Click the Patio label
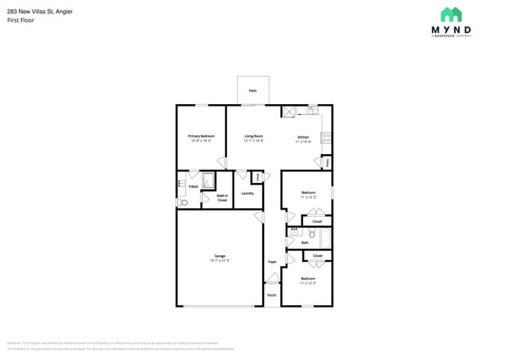(x=253, y=91)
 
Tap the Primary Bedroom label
(x=201, y=136)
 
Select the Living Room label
(x=253, y=136)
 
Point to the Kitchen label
(x=303, y=138)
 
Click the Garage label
(x=220, y=256)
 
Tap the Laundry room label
(x=247, y=193)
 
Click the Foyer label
(x=272, y=261)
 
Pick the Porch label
(x=272, y=295)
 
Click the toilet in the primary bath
(x=183, y=203)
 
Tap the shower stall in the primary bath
(x=208, y=182)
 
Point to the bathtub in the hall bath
(x=326, y=237)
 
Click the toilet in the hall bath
(x=312, y=233)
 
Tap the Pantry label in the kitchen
(x=327, y=162)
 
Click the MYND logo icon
(x=451, y=15)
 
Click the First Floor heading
(x=20, y=20)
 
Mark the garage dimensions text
(x=220, y=260)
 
